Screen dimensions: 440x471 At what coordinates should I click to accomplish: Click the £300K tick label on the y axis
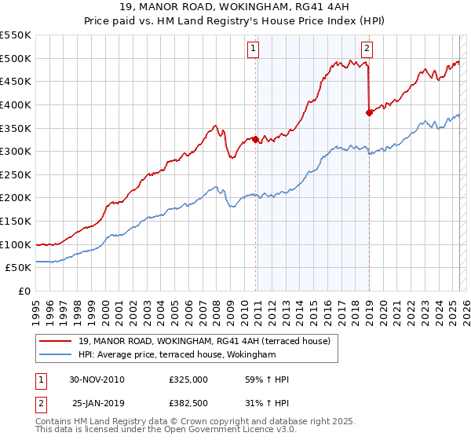pyautogui.click(x=16, y=151)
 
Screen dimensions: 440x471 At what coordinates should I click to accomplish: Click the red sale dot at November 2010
pyautogui.click(x=256, y=139)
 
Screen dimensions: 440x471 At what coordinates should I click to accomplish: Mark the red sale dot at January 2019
pyautogui.click(x=369, y=112)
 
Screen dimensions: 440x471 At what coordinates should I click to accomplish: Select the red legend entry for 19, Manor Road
pyautogui.click(x=209, y=341)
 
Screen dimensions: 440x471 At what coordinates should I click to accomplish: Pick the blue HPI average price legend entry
pyautogui.click(x=177, y=355)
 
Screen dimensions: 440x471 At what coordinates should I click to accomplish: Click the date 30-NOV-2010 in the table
pyautogui.click(x=97, y=379)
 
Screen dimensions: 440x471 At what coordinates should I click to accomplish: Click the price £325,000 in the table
pyautogui.click(x=188, y=379)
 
